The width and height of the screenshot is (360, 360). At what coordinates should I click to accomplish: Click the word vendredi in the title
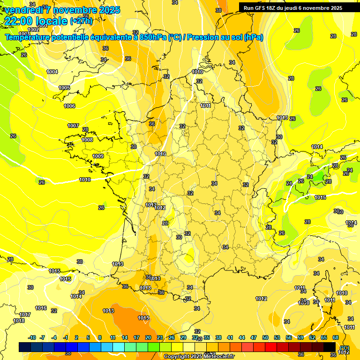pyautogui.click(x=23, y=10)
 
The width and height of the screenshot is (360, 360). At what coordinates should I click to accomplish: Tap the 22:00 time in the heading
pyautogui.click(x=21, y=21)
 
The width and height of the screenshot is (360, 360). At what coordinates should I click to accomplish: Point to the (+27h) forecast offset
pyautogui.click(x=81, y=21)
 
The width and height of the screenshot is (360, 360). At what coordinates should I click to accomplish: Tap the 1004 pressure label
pyautogui.click(x=52, y=72)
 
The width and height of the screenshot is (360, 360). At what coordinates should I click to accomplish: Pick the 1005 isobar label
pyautogui.click(x=64, y=88)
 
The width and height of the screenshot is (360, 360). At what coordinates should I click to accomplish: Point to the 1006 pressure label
pyautogui.click(x=69, y=106)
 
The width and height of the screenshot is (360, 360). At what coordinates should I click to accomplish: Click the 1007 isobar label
pyautogui.click(x=73, y=126)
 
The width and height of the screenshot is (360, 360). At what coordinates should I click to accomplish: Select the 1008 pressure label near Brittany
pyautogui.click(x=87, y=140)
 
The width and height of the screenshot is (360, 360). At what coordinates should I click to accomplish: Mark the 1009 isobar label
pyautogui.click(x=98, y=156)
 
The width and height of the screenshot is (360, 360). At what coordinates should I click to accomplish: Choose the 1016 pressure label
pyautogui.click(x=41, y=308)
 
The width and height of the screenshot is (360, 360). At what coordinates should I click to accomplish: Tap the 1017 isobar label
pyautogui.click(x=25, y=315)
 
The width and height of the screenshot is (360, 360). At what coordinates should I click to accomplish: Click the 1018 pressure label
pyautogui.click(x=19, y=321)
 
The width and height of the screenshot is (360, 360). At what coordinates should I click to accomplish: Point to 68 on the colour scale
pyautogui.click(x=335, y=337)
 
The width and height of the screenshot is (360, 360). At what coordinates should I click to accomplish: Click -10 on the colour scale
pyautogui.click(x=32, y=337)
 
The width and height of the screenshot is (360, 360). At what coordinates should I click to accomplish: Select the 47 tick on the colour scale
pyautogui.click(x=254, y=337)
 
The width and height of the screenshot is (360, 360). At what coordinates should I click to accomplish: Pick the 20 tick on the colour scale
pyautogui.click(x=148, y=337)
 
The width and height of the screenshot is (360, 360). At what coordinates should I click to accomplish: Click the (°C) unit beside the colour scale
pyautogui.click(x=345, y=347)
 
